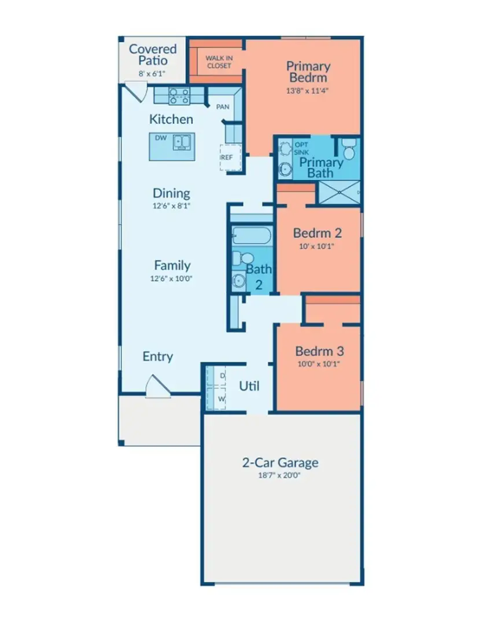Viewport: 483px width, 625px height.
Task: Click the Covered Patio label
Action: click(x=153, y=54)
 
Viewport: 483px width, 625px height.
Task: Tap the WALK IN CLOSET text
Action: click(x=218, y=62)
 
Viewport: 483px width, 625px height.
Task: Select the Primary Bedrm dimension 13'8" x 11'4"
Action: click(x=308, y=91)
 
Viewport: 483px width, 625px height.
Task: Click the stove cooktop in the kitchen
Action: click(x=179, y=95)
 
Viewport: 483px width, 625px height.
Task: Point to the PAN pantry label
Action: click(x=222, y=107)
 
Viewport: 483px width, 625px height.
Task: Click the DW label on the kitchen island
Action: click(x=160, y=138)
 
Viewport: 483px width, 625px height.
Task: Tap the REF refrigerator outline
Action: click(x=230, y=157)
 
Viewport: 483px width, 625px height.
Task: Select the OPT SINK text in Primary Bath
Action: click(x=301, y=148)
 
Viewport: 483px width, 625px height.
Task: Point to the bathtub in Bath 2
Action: click(x=251, y=236)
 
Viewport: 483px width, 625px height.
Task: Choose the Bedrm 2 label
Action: click(x=317, y=233)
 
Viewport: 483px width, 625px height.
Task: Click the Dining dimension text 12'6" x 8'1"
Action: click(x=172, y=206)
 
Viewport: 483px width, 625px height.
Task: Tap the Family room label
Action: click(x=172, y=265)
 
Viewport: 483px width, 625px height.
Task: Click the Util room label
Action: click(x=249, y=386)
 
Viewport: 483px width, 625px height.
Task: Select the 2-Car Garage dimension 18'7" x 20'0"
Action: click(x=280, y=476)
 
